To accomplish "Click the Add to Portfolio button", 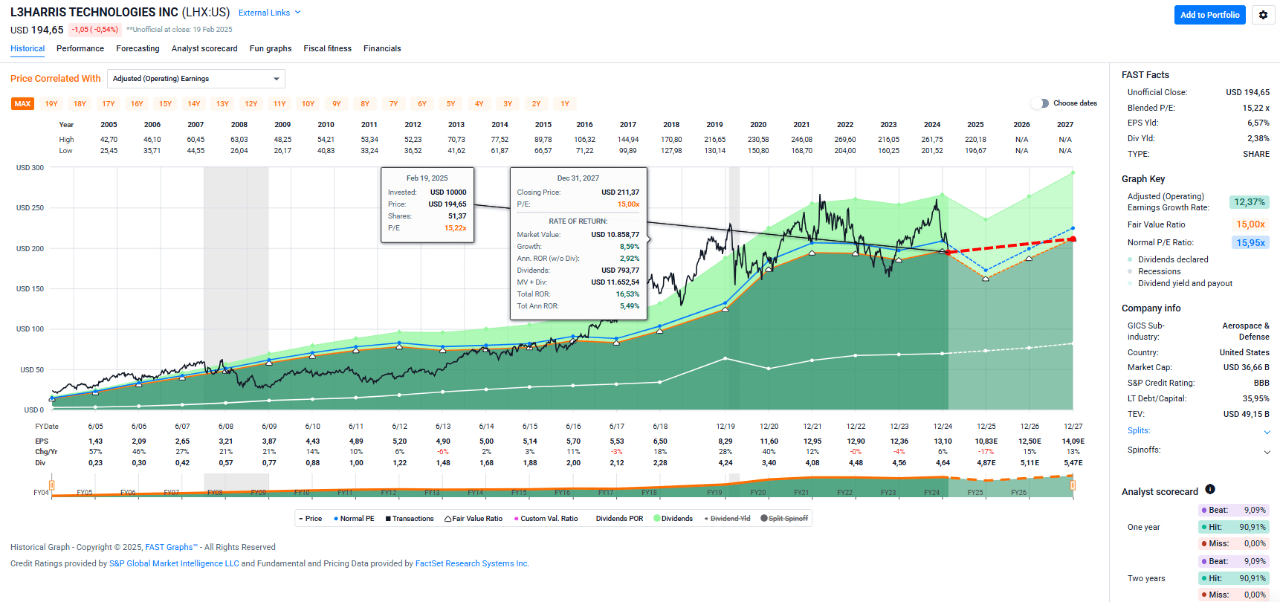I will click(1209, 15).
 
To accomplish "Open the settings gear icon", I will click(1263, 15).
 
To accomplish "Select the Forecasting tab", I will click(138, 48).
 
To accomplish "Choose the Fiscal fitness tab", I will click(327, 48).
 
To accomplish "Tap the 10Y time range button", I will click(308, 104).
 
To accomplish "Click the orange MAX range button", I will click(22, 104).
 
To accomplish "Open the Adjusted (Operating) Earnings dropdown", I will click(196, 79).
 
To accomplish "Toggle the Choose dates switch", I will click(1040, 103).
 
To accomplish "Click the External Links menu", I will click(269, 13).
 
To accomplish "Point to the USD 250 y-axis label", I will click(30, 208).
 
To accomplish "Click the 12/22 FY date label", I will click(856, 427).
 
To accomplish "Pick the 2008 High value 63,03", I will click(239, 140).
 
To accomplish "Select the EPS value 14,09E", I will click(1073, 441).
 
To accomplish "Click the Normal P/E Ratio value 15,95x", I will click(1250, 243).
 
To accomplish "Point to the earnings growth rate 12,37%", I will click(1249, 202).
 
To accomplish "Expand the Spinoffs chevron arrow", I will click(1267, 452).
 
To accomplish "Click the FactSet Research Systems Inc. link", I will click(472, 563).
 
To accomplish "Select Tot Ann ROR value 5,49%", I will click(629, 306).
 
